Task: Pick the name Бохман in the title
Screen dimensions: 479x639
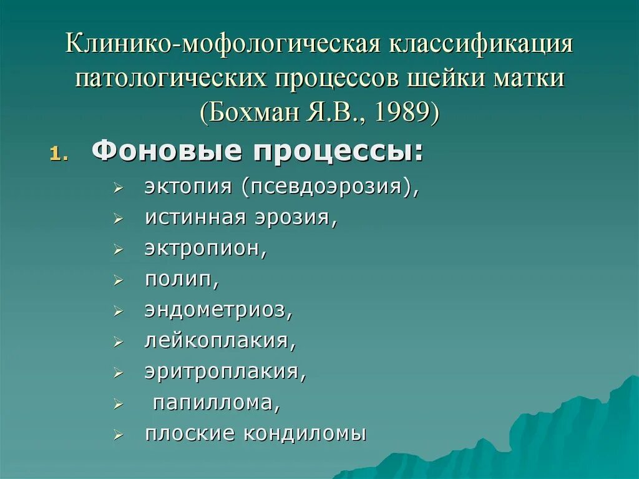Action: [260, 112]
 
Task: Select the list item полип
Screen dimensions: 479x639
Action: [182, 279]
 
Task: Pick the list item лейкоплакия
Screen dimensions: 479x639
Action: [220, 340]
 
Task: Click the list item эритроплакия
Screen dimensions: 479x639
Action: [225, 371]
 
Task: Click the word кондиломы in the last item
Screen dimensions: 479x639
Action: [306, 433]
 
